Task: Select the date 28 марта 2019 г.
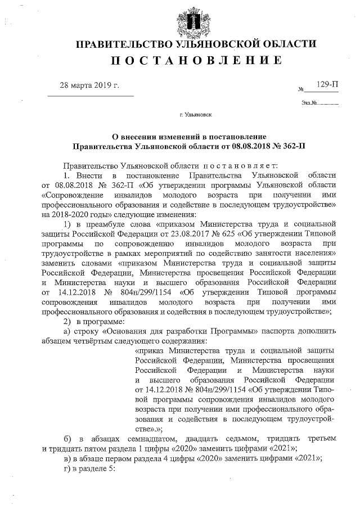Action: tap(90, 85)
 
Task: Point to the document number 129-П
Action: tap(327, 84)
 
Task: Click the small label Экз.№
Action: tap(309, 103)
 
